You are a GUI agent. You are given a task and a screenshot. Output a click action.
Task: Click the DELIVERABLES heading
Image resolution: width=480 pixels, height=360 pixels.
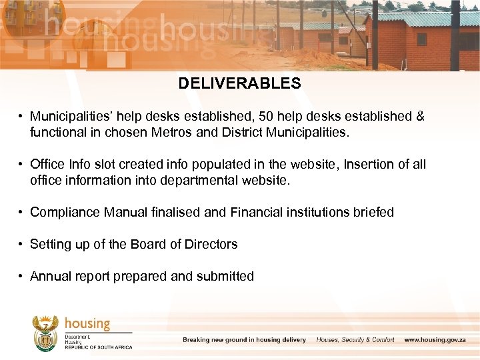[x=239, y=83]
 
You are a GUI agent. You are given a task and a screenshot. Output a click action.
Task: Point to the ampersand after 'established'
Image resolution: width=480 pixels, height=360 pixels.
[x=420, y=117]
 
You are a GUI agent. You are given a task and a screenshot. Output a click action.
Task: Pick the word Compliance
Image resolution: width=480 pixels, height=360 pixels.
[x=65, y=213]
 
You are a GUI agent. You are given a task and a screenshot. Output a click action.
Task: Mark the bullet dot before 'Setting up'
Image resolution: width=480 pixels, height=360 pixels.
[x=21, y=245]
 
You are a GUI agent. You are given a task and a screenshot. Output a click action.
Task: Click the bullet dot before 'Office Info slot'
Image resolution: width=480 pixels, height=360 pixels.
[x=21, y=165]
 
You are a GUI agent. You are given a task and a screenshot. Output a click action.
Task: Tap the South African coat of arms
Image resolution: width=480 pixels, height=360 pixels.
[x=45, y=333]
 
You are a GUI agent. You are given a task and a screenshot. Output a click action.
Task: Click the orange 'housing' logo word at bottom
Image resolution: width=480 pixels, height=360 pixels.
[x=87, y=323]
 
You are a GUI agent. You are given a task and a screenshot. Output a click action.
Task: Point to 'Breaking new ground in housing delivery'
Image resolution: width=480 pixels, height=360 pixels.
[x=244, y=340]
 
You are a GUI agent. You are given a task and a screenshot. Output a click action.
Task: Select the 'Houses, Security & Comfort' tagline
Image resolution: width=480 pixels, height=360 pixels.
[x=355, y=340]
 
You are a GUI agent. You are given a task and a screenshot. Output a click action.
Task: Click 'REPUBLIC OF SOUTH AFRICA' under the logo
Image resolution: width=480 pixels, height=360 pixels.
[x=98, y=347]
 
